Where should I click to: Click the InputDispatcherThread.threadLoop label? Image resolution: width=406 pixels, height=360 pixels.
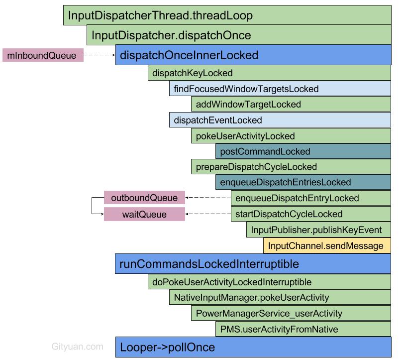160,15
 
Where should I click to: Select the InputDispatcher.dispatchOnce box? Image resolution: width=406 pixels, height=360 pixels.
171,35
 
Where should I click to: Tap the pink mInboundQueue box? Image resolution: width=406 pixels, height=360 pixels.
43,55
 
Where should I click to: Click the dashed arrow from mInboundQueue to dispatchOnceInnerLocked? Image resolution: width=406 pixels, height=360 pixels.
100,55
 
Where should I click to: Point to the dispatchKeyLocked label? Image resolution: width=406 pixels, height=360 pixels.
193,73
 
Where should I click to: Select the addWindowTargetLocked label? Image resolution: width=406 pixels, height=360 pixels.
248,105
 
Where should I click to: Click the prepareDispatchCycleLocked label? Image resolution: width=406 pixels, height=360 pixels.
256,167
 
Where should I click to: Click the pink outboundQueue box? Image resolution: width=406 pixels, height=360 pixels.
144,198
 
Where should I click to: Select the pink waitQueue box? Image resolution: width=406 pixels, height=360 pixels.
144,215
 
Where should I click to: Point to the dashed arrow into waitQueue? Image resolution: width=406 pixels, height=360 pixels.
208,215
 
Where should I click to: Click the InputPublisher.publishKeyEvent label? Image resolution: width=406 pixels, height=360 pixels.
316,230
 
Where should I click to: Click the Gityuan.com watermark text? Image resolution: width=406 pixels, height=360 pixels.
78,347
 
